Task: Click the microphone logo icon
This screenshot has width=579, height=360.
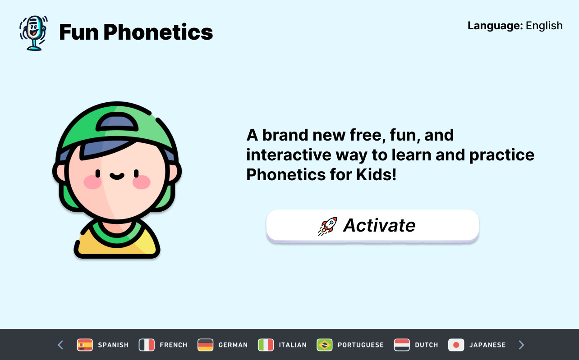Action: (x=33, y=32)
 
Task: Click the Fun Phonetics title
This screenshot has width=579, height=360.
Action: (x=136, y=32)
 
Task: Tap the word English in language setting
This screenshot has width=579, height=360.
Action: (x=544, y=26)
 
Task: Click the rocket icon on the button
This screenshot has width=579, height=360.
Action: (x=328, y=226)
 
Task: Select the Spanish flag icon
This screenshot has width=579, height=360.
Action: (x=85, y=345)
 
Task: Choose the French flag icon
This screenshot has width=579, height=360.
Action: (x=147, y=345)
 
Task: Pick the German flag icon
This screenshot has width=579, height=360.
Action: (x=205, y=345)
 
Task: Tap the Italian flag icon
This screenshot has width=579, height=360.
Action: (x=266, y=345)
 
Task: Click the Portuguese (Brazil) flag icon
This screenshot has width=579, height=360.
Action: (x=325, y=345)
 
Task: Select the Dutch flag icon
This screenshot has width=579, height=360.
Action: (x=402, y=345)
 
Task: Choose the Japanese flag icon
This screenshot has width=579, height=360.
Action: (x=456, y=345)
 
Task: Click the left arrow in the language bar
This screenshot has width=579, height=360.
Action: (x=60, y=345)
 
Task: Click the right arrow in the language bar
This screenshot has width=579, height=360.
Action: (x=521, y=345)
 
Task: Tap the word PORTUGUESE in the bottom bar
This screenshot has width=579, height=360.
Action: (x=360, y=345)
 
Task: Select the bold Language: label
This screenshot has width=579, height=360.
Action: (x=495, y=26)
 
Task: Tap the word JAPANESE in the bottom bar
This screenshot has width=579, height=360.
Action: (x=487, y=345)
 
